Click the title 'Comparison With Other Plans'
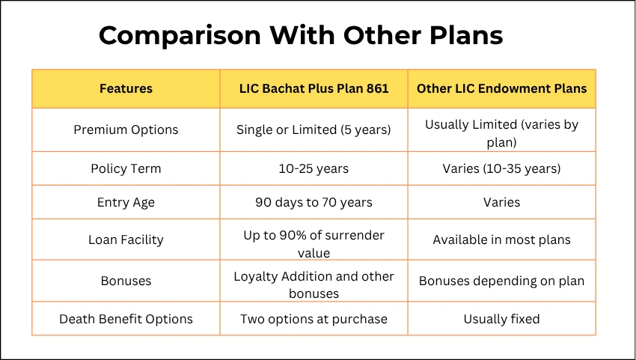click(301, 35)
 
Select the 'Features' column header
click(126, 88)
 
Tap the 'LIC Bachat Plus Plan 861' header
click(314, 88)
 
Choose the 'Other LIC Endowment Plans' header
click(501, 88)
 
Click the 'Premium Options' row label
click(126, 129)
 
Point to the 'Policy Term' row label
click(126, 168)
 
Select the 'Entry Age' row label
click(126, 202)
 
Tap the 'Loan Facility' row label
click(126, 240)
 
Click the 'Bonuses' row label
click(126, 281)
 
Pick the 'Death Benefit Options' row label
click(126, 319)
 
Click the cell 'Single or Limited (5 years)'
click(314, 129)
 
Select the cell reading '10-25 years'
click(314, 168)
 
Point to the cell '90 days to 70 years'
click(314, 202)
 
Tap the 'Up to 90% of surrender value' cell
click(314, 244)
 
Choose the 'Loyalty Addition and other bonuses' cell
click(314, 284)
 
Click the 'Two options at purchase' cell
click(314, 319)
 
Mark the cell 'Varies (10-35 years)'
click(501, 168)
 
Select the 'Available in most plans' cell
click(501, 240)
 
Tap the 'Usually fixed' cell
click(501, 319)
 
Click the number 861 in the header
click(376, 88)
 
